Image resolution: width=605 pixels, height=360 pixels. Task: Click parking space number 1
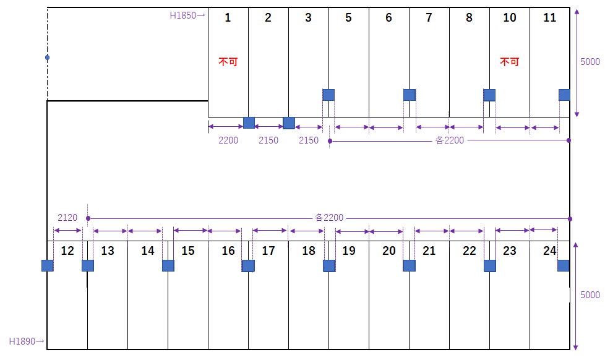(x=228, y=17)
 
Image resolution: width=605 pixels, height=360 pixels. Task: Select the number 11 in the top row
(x=549, y=17)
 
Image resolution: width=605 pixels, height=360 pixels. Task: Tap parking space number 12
(x=68, y=251)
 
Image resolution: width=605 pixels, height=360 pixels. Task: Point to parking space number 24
(x=549, y=251)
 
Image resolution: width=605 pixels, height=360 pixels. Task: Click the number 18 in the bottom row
(x=308, y=251)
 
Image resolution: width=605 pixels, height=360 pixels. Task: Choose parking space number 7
(x=429, y=17)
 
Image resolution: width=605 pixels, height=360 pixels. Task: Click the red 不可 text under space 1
(x=228, y=62)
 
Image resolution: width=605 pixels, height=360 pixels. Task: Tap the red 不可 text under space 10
(x=509, y=62)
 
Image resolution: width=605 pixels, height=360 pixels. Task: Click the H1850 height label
(x=184, y=15)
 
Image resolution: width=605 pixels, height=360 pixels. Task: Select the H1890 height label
(x=23, y=341)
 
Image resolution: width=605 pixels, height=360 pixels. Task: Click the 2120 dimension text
(x=67, y=218)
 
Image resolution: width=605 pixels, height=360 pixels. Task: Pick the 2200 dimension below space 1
(x=228, y=140)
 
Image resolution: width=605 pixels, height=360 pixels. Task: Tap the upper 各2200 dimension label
(x=450, y=140)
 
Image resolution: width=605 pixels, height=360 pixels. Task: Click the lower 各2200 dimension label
(x=329, y=218)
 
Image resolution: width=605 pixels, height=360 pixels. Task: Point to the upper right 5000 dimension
(x=590, y=62)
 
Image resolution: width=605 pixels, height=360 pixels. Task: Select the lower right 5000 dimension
(x=590, y=295)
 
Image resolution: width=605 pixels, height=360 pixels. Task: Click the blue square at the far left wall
(x=48, y=265)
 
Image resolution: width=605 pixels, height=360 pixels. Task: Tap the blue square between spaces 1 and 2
(x=249, y=122)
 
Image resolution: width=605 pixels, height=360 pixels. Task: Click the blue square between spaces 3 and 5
(x=328, y=95)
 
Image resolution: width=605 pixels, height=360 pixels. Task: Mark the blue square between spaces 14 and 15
(x=168, y=265)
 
